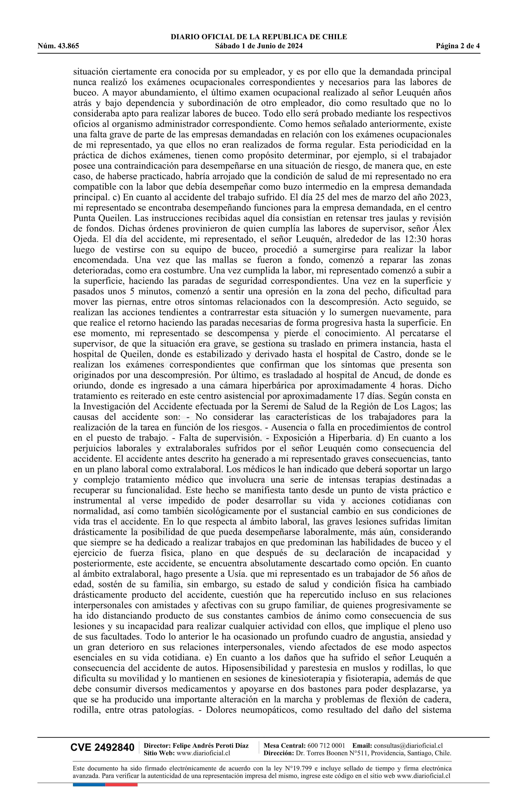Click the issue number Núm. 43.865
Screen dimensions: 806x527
click(x=58, y=46)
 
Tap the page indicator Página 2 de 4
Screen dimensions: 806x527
click(x=458, y=46)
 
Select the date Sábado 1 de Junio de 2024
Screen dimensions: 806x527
click(x=259, y=46)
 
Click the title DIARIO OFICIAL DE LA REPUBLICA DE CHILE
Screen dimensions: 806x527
click(x=259, y=37)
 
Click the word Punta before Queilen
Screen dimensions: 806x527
click(x=83, y=218)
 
